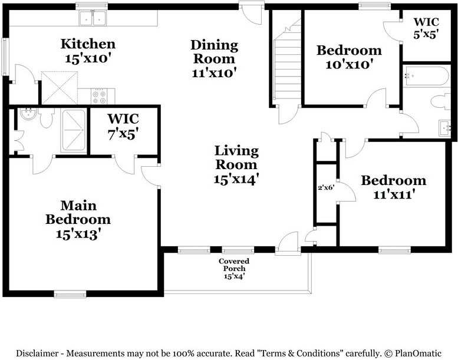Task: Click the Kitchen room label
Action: pyautogui.click(x=88, y=44)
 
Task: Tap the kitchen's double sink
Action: pyautogui.click(x=93, y=18)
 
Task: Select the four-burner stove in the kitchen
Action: pyautogui.click(x=98, y=97)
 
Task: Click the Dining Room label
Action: pyautogui.click(x=214, y=52)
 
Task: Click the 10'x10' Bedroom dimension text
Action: pyautogui.click(x=349, y=64)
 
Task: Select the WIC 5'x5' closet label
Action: pyautogui.click(x=426, y=28)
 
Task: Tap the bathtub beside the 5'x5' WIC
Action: pyautogui.click(x=426, y=76)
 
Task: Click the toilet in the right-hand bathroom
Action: pyautogui.click(x=441, y=102)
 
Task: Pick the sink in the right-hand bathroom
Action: pyautogui.click(x=445, y=128)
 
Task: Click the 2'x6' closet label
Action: pyautogui.click(x=326, y=187)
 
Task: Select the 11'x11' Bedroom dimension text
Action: pyautogui.click(x=394, y=194)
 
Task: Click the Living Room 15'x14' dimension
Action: pyautogui.click(x=236, y=179)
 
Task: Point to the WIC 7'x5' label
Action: pyautogui.click(x=123, y=127)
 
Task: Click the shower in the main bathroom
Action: pyautogui.click(x=73, y=131)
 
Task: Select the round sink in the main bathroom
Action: pyautogui.click(x=28, y=114)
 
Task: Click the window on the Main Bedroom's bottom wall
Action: pyautogui.click(x=70, y=294)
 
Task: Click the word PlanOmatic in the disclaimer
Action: pyautogui.click(x=418, y=354)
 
